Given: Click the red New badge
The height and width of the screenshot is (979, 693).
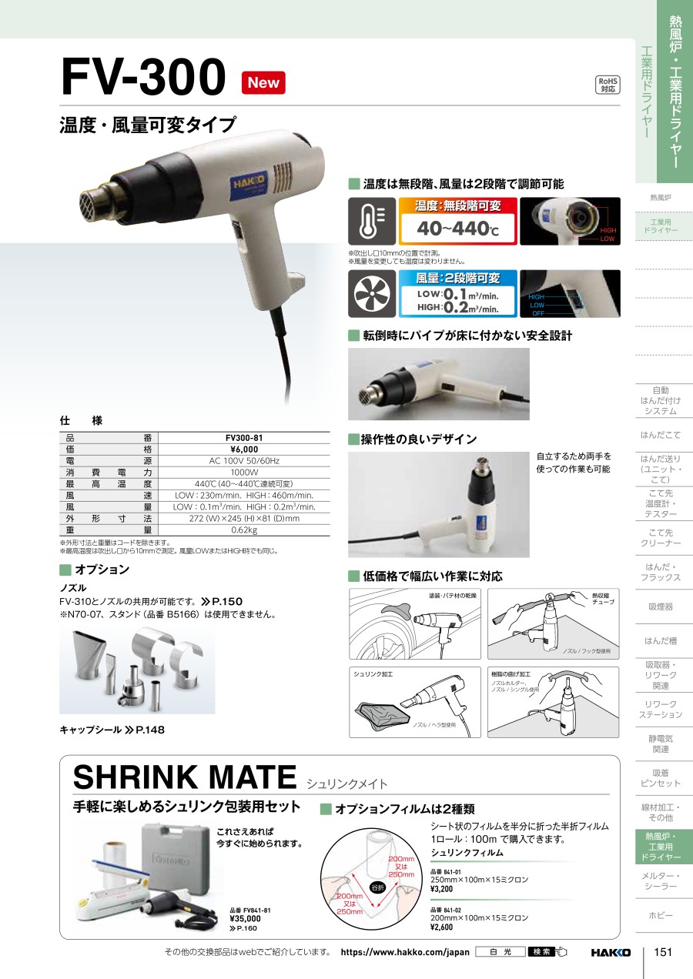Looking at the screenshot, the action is (x=263, y=82).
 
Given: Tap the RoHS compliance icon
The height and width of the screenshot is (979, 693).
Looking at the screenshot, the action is (x=608, y=85).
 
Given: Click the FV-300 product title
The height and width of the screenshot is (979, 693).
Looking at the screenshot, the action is (x=143, y=77).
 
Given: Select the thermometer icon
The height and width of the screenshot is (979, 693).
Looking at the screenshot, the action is (x=372, y=221).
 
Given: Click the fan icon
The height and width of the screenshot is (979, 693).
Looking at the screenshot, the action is (x=372, y=293).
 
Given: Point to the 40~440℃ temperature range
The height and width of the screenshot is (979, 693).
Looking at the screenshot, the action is (x=458, y=229).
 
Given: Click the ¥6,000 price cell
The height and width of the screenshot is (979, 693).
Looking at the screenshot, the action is (x=244, y=449).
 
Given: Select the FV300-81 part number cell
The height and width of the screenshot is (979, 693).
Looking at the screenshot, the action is (x=244, y=437).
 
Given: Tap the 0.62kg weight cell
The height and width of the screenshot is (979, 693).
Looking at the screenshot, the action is (x=244, y=530).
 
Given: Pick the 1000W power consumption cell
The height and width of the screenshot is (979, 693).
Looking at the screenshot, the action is (x=244, y=473).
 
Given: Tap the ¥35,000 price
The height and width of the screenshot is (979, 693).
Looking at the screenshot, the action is (x=246, y=919).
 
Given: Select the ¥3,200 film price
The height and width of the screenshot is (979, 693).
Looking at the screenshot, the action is (x=442, y=889).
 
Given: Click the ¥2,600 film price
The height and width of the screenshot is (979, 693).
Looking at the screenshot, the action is (x=442, y=927).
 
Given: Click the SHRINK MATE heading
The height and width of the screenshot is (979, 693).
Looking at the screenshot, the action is (x=185, y=777).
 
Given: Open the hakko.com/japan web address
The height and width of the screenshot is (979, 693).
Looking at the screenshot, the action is (x=405, y=952).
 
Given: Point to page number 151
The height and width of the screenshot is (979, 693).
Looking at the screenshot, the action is (x=663, y=952).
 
